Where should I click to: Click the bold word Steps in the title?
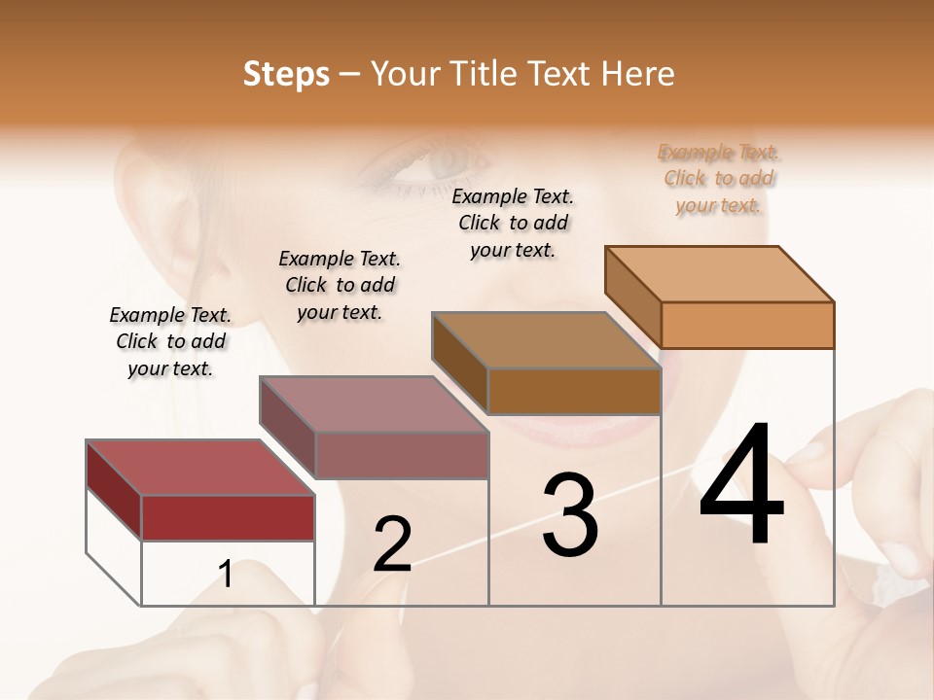coord(286,74)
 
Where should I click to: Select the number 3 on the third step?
coord(569,515)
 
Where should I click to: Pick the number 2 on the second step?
coord(392,544)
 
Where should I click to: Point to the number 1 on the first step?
coord(226,574)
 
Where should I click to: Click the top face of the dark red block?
coord(200,468)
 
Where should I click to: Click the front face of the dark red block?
coord(228,517)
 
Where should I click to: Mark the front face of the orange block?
coord(747,325)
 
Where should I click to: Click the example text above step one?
coord(170,341)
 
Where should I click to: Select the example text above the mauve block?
coord(340,285)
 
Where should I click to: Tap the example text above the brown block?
coord(513,223)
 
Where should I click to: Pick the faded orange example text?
coord(719,178)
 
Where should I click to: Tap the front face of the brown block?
coord(574,391)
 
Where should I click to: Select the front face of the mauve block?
coord(401,455)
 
